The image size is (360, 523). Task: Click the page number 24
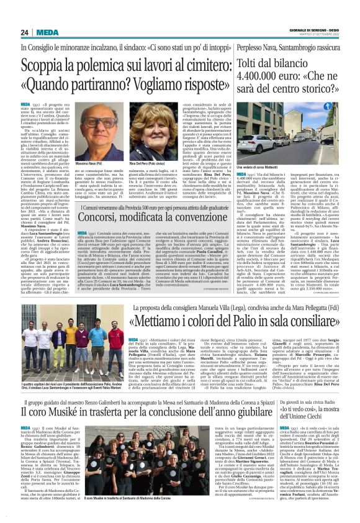point(25,33)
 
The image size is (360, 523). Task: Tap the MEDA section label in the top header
point(47,33)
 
